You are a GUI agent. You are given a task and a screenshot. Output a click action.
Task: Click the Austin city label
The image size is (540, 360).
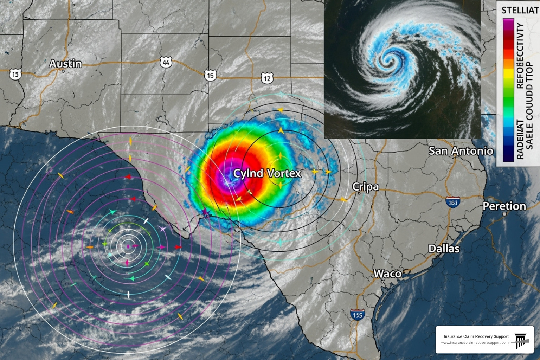pyautogui.click(x=65, y=64)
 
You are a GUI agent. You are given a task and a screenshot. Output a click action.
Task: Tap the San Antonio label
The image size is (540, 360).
pyautogui.click(x=461, y=151)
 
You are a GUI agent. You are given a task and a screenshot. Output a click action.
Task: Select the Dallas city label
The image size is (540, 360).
pyautogui.click(x=444, y=249)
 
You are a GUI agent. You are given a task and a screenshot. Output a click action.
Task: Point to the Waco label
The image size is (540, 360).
pyautogui.click(x=387, y=274)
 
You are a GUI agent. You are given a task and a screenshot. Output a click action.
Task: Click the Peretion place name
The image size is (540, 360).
pyautogui.click(x=504, y=206)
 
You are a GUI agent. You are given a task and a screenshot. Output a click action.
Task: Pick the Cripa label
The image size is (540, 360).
pyautogui.click(x=366, y=187)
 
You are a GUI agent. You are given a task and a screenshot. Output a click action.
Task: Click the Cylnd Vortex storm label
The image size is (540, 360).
pyautogui.click(x=267, y=173)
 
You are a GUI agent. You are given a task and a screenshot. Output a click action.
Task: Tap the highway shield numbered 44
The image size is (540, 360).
pyautogui.click(x=166, y=63)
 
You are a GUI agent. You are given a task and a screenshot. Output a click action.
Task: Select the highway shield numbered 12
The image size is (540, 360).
pyautogui.click(x=267, y=78)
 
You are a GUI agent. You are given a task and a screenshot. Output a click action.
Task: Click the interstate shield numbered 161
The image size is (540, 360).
pyautogui.click(x=453, y=202)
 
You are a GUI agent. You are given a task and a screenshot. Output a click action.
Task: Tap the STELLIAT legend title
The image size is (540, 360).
pyautogui.click(x=520, y=10)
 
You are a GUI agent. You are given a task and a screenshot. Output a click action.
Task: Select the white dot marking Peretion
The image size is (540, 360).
pyautogui.click(x=504, y=214)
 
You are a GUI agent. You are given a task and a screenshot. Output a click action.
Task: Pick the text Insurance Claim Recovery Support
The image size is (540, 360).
pyautogui.click(x=476, y=336)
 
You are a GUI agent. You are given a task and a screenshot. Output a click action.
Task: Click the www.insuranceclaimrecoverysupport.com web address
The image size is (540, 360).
pyautogui.click(x=475, y=343)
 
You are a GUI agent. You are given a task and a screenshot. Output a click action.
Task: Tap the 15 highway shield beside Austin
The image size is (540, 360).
pyautogui.click(x=15, y=75)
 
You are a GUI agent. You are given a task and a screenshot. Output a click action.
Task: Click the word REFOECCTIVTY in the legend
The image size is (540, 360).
pyautogui.click(x=520, y=56)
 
